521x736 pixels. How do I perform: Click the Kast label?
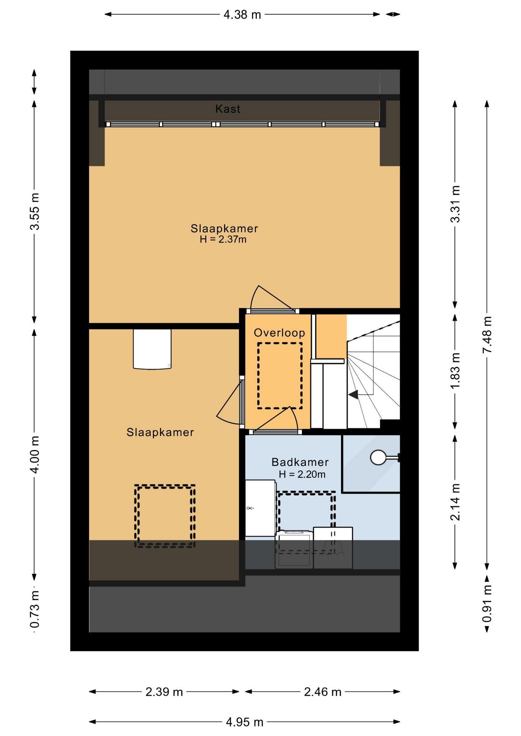click(x=228, y=109)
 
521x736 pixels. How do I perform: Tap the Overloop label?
click(x=279, y=333)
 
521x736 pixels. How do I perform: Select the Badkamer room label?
click(x=300, y=462)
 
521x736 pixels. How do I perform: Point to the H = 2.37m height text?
click(x=223, y=240)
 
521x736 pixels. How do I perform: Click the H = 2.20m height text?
click(x=302, y=475)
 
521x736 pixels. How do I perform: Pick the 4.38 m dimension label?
click(x=242, y=15)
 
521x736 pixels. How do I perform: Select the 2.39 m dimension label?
click(x=164, y=692)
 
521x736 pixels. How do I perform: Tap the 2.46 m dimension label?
click(x=323, y=692)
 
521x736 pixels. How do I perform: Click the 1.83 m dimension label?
click(x=455, y=371)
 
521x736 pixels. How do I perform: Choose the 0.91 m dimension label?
click(x=487, y=604)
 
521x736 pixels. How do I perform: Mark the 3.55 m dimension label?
click(x=35, y=211)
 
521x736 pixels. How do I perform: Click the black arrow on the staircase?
click(x=353, y=394)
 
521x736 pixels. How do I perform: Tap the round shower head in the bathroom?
click(x=378, y=457)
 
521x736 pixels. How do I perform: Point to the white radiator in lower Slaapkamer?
click(x=152, y=349)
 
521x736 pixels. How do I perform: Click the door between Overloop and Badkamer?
click(x=275, y=432)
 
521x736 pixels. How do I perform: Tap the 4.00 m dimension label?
click(x=35, y=455)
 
